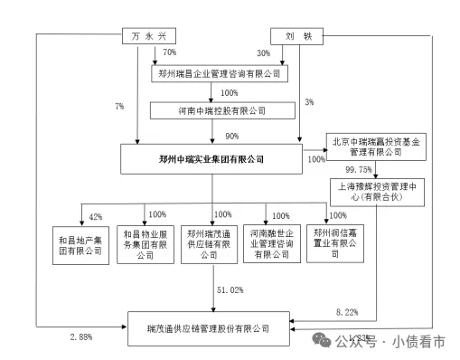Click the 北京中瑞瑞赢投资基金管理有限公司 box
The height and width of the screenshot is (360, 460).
coord(371,147)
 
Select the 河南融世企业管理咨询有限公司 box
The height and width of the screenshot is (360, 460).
coord(268,244)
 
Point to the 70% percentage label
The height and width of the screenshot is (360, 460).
coord(168,54)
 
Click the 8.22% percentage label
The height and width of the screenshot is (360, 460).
coord(347,310)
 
